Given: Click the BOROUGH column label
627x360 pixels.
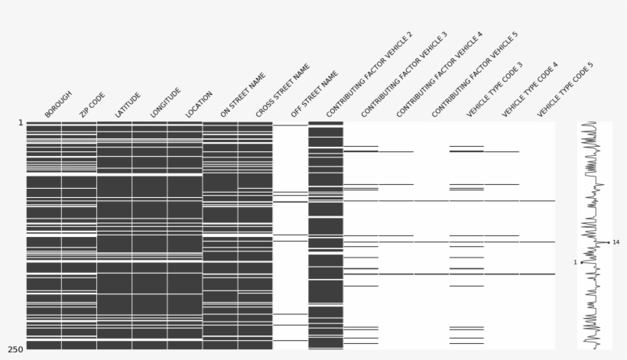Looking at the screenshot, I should pyautogui.click(x=58, y=105).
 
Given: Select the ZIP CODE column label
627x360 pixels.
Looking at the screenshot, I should pyautogui.click(x=93, y=105).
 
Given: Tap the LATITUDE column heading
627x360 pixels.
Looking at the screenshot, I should pyautogui.click(x=128, y=105).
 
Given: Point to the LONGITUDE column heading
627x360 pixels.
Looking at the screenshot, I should pyautogui.click(x=166, y=102).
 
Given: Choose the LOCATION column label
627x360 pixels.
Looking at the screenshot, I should pyautogui.click(x=200, y=105).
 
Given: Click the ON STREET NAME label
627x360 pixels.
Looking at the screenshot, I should pyautogui.click(x=243, y=96).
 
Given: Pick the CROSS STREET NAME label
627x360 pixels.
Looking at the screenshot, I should pyautogui.click(x=283, y=91).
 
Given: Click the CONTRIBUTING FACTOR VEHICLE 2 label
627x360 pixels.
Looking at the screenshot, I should pyautogui.click(x=369, y=75).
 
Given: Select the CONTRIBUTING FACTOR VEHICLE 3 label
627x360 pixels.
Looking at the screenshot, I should pyautogui.click(x=404, y=75).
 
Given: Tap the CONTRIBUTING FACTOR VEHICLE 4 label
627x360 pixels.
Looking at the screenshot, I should pyautogui.click(x=440, y=75).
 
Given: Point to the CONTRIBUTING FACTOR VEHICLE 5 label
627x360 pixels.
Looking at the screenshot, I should pyautogui.click(x=475, y=75).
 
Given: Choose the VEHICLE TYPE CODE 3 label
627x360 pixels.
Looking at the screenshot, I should pyautogui.click(x=495, y=89).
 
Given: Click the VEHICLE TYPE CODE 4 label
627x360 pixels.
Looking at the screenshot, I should pyautogui.click(x=531, y=89).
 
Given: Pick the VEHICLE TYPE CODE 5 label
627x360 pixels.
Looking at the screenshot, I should pyautogui.click(x=566, y=89).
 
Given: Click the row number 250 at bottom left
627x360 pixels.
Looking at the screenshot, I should pyautogui.click(x=15, y=349).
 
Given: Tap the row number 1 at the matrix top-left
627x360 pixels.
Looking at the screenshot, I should pyautogui.click(x=20, y=122).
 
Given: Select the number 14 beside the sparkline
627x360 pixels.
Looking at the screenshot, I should pyautogui.click(x=616, y=242).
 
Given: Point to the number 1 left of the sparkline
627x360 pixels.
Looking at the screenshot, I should pyautogui.click(x=575, y=262).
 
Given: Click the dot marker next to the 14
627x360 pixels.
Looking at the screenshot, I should pyautogui.click(x=609, y=242).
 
